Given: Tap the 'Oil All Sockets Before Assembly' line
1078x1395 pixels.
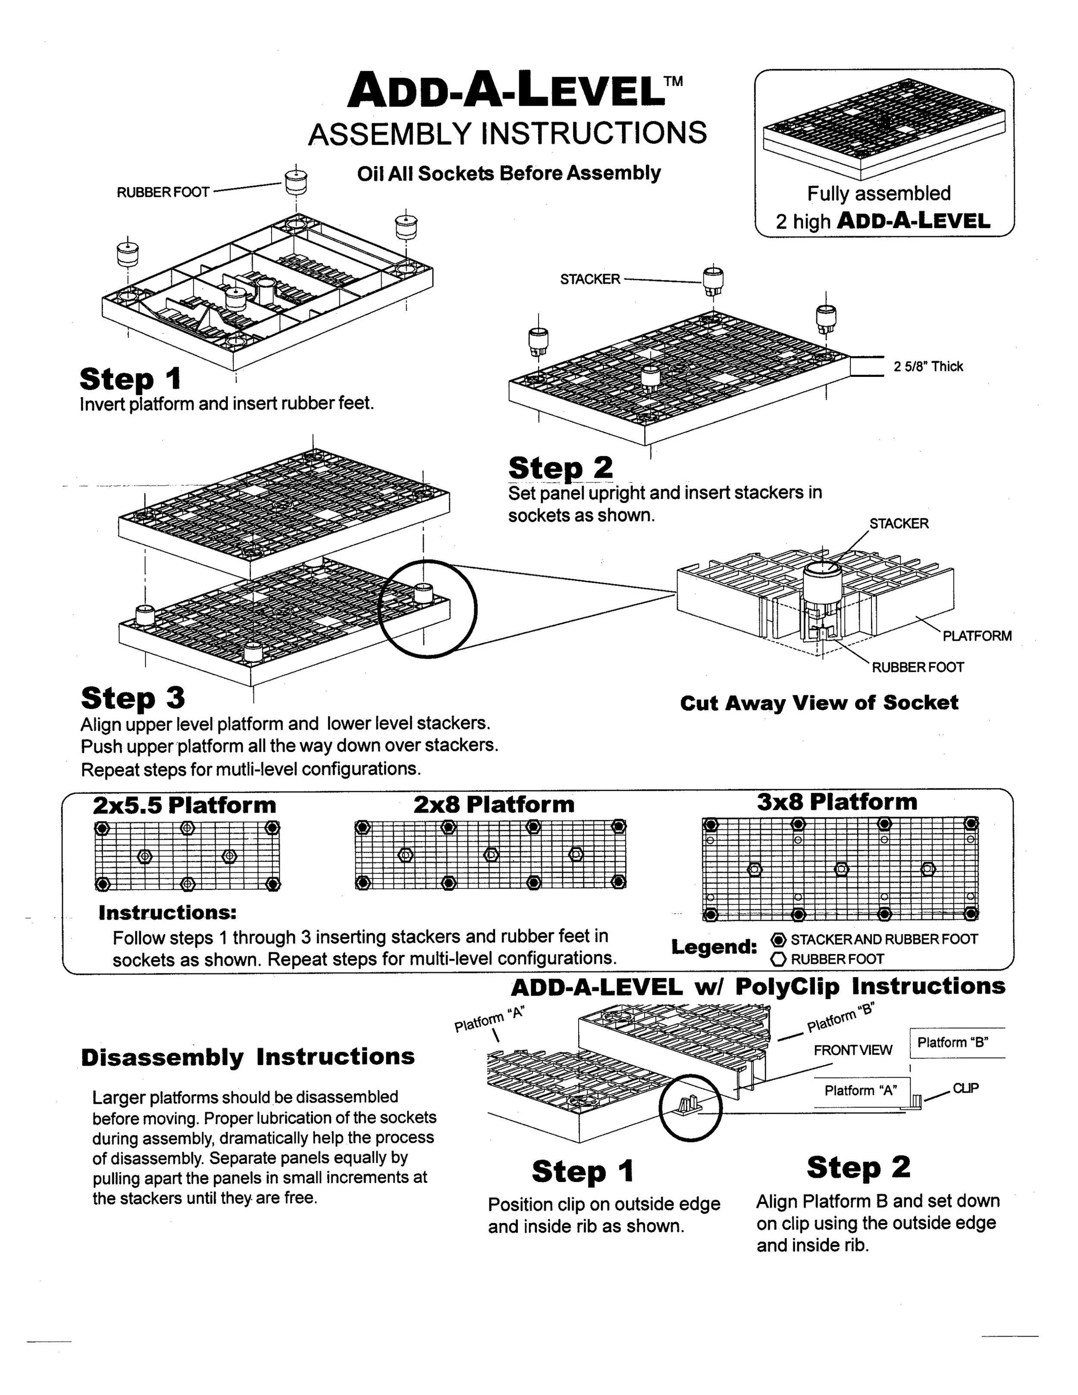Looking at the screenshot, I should pyautogui.click(x=508, y=173).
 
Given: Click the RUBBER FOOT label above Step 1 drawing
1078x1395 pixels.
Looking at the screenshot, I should pyautogui.click(x=163, y=192).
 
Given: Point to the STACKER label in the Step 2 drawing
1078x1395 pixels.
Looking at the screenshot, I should pyautogui.click(x=589, y=279).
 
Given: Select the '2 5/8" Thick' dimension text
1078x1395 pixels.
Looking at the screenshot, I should pyautogui.click(x=928, y=367).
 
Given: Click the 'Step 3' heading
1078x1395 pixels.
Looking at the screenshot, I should pyautogui.click(x=133, y=698).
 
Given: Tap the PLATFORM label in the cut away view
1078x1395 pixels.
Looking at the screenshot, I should pyautogui.click(x=977, y=636).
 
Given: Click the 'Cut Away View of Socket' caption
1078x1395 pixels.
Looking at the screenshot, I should pyautogui.click(x=819, y=703).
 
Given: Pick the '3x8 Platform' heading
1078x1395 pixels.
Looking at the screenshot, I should pyautogui.click(x=837, y=802).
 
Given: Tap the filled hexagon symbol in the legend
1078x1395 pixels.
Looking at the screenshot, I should pyautogui.click(x=778, y=940).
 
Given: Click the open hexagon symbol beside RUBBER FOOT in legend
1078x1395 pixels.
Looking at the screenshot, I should pyautogui.click(x=778, y=959).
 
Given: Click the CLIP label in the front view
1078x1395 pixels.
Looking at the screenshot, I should pyautogui.click(x=965, y=1088).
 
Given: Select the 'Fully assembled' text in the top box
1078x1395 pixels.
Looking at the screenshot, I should pyautogui.click(x=879, y=194).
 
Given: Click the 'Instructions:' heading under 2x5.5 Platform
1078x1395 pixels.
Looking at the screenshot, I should pyautogui.click(x=167, y=913).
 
